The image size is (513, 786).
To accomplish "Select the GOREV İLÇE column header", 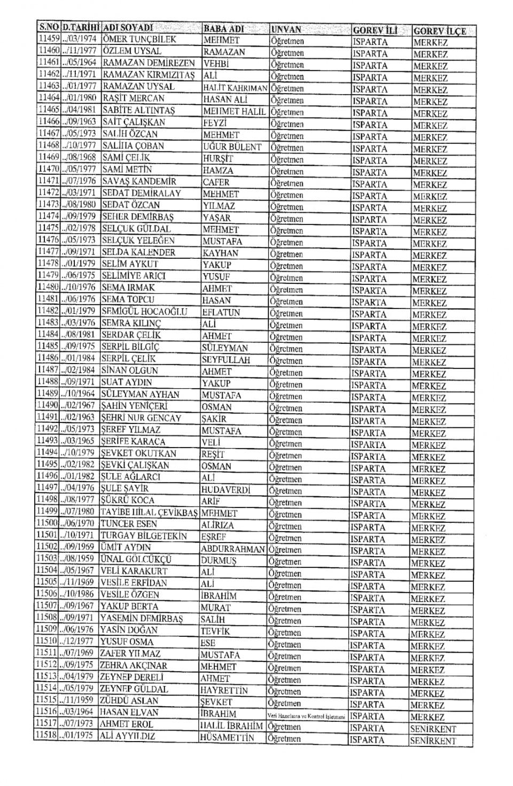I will click(x=439, y=30).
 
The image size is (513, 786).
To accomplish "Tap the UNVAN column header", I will click(x=286, y=29).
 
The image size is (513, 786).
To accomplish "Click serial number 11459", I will click(x=49, y=39).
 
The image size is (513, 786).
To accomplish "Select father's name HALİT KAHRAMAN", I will click(x=235, y=88).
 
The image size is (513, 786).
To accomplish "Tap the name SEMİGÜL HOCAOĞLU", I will click(x=144, y=311).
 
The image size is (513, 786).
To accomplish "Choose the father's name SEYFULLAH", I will click(x=226, y=360).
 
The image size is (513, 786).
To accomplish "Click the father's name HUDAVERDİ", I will click(x=226, y=490).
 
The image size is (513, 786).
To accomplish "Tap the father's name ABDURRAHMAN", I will click(x=232, y=549).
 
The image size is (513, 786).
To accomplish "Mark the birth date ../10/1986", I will click(x=78, y=595).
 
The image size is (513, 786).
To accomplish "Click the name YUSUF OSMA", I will click(x=127, y=642).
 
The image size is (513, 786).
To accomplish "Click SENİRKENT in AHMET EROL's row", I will click(x=433, y=729).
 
